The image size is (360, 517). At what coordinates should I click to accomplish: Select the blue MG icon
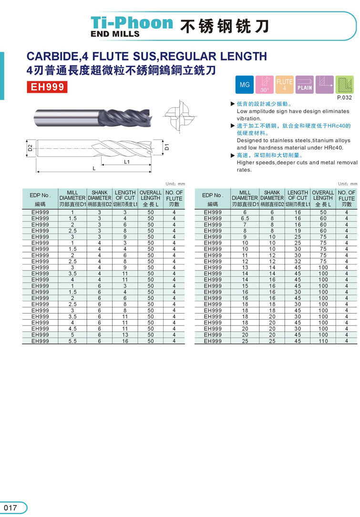click(x=245, y=85)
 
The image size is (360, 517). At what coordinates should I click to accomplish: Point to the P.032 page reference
click(x=344, y=97)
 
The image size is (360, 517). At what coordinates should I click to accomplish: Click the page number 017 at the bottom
click(x=10, y=507)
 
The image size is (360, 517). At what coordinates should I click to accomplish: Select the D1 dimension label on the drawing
click(x=167, y=147)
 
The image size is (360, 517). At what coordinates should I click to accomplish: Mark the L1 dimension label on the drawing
click(x=127, y=162)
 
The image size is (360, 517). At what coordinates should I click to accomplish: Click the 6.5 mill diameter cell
click(x=245, y=218)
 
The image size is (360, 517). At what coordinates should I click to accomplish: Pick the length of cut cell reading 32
click(x=298, y=261)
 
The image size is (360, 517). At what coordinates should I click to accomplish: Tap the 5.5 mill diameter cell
click(x=72, y=341)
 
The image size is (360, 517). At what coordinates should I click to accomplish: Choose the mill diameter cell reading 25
click(x=245, y=341)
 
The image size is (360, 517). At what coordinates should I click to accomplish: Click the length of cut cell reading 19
click(x=298, y=231)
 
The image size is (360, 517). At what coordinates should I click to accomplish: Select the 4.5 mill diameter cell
click(x=72, y=329)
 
